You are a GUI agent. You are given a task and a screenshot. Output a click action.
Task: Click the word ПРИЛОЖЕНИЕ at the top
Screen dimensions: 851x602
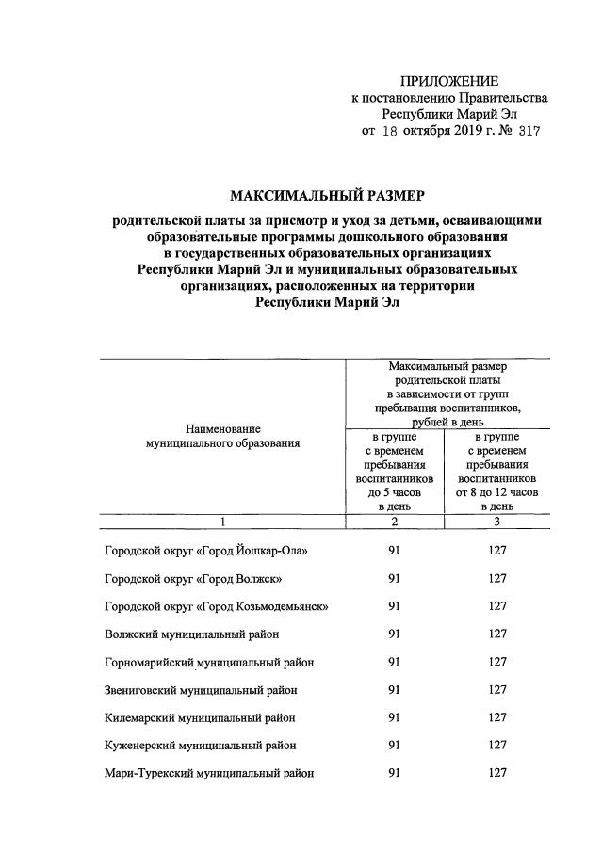(x=449, y=81)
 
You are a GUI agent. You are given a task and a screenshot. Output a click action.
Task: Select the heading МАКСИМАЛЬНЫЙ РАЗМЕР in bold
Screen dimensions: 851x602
(x=327, y=196)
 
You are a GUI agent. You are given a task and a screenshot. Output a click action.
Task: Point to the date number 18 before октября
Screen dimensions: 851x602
(x=390, y=132)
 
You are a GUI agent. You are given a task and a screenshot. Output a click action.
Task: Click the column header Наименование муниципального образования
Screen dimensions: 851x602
(x=223, y=435)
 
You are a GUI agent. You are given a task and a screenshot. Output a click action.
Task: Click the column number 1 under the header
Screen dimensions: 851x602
(x=223, y=522)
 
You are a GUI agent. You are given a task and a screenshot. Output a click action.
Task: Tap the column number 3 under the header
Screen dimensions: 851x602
(x=496, y=522)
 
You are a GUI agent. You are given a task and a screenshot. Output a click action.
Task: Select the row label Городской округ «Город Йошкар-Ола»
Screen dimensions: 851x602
(x=205, y=550)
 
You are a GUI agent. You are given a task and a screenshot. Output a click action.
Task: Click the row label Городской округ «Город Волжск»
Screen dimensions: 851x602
(x=191, y=578)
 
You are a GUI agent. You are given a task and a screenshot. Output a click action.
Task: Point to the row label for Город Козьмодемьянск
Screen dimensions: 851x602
(x=216, y=606)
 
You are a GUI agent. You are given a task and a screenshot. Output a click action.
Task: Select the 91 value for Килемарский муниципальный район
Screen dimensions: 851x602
(x=394, y=717)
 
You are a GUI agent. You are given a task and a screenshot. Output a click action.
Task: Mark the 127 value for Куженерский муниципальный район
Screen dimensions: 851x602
(x=497, y=745)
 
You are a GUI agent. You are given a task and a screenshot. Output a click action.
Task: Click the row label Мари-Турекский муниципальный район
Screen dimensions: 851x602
(x=208, y=773)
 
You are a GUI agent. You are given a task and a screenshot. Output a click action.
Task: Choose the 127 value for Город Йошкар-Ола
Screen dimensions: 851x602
(x=497, y=550)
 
